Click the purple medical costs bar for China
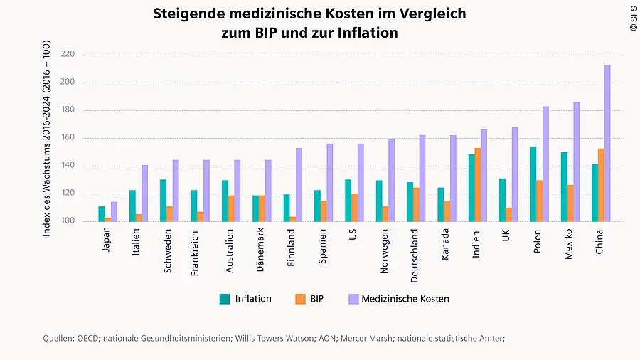coord(607,143)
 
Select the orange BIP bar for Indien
coord(477,185)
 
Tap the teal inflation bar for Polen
coord(533,184)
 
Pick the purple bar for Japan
coord(114,212)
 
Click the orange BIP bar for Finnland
coord(292,219)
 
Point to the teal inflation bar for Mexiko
coord(563,187)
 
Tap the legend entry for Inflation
coord(245,299)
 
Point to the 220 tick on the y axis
coord(68,54)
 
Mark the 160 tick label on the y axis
coord(68,138)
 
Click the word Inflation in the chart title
coord(368,33)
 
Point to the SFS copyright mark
coord(634,18)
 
